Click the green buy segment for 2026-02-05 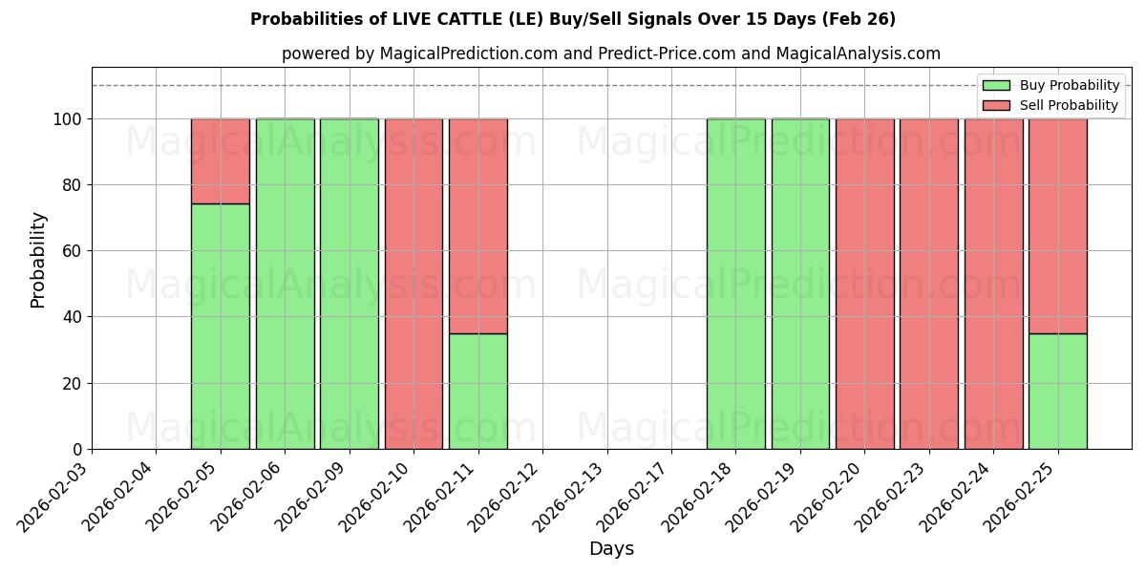(x=221, y=327)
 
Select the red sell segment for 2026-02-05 (x=221, y=160)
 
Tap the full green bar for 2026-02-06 (x=285, y=284)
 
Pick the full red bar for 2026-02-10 (x=414, y=284)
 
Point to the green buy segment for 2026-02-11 (x=477, y=392)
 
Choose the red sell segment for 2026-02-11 (x=477, y=225)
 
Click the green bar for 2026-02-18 (x=735, y=284)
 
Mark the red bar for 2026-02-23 (x=928, y=284)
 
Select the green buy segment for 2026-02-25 (x=1057, y=392)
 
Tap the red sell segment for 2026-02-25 (x=1057, y=225)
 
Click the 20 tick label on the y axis (x=73, y=384)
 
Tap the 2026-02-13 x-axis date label (x=568, y=497)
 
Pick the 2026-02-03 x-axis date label (x=53, y=497)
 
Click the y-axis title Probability (x=38, y=259)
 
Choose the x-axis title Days (x=611, y=549)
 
